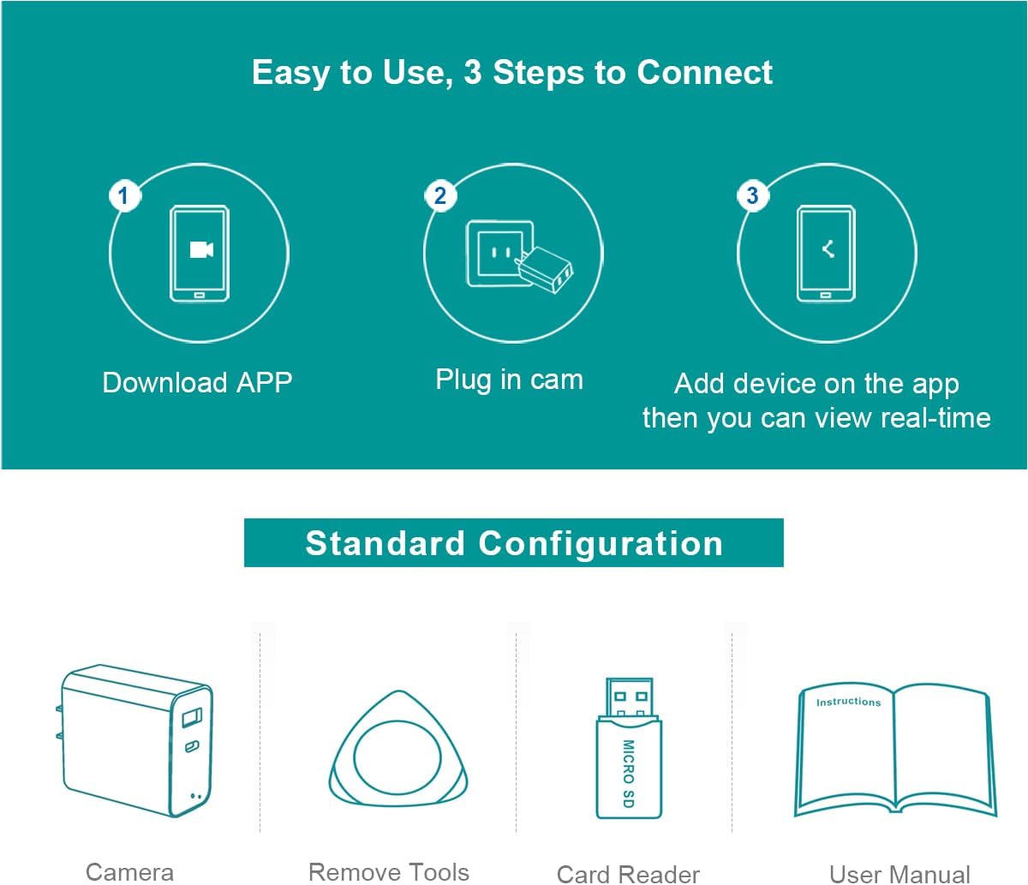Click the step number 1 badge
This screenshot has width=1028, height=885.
(x=124, y=195)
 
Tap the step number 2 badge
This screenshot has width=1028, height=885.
(x=440, y=195)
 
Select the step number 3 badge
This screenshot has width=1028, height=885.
(x=753, y=195)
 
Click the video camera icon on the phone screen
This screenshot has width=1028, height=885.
(x=201, y=249)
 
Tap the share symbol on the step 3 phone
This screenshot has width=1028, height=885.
(x=828, y=248)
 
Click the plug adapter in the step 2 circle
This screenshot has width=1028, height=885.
(x=544, y=269)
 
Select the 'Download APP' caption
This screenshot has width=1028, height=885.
(x=197, y=383)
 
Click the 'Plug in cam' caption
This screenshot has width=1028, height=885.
(x=509, y=380)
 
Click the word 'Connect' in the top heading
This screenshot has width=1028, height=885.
(x=704, y=72)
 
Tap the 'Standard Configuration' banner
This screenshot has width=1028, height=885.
(x=514, y=543)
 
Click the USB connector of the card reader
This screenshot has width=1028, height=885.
(x=629, y=697)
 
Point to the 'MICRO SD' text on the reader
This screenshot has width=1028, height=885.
(x=629, y=774)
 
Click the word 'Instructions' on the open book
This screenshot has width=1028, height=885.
(x=848, y=702)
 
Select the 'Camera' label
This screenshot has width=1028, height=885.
(x=130, y=872)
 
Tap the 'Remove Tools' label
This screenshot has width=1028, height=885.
(x=389, y=872)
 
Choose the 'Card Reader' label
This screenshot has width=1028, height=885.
(x=628, y=874)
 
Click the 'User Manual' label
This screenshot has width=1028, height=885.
(x=899, y=874)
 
